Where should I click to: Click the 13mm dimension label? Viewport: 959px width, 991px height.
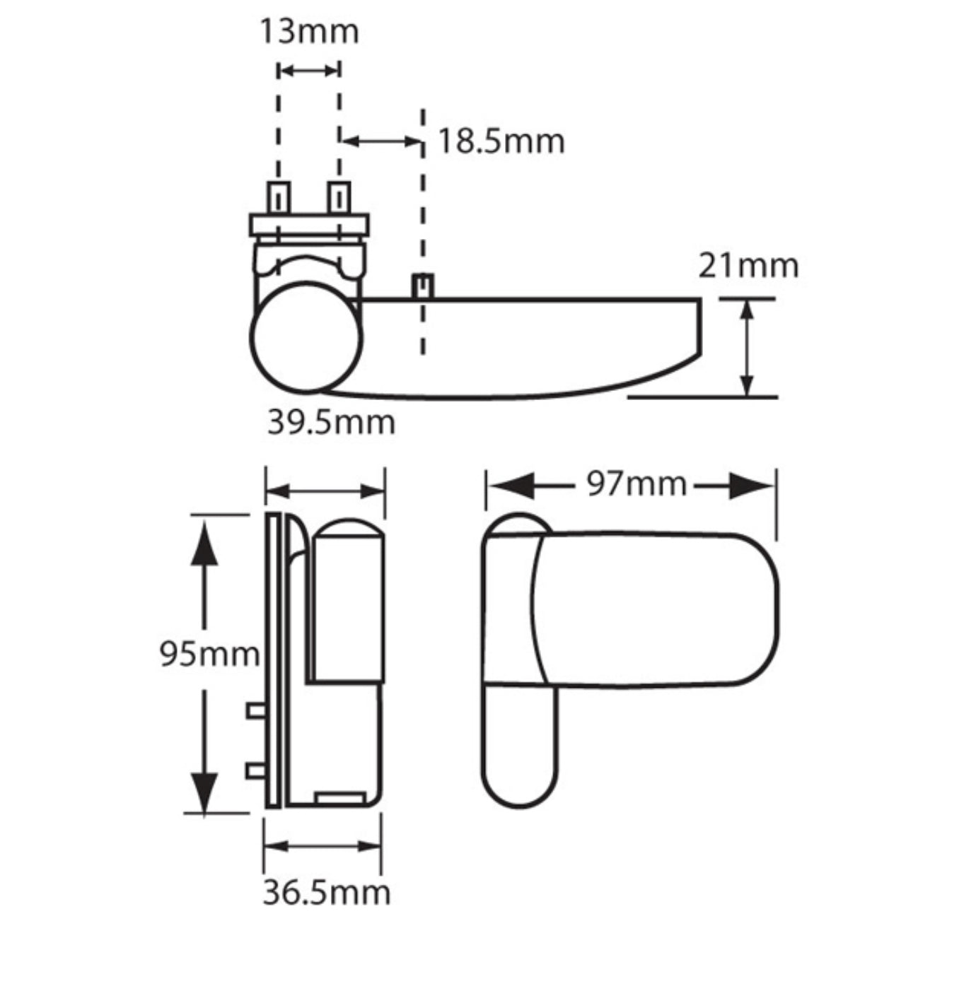coord(309,32)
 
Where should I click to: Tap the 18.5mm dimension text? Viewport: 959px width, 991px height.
coord(501,141)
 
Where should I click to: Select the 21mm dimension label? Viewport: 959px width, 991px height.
coord(748,266)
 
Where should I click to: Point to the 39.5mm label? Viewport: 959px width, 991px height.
coord(330,423)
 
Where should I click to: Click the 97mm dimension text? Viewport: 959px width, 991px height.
coord(636,485)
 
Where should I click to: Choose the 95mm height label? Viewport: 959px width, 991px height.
coord(209,654)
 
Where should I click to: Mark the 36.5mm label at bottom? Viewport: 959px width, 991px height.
coord(326,893)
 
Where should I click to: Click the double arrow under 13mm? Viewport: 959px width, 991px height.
coord(309,70)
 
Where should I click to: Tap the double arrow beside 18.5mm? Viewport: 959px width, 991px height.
coord(382,141)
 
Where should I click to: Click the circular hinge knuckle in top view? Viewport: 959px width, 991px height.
coord(306,337)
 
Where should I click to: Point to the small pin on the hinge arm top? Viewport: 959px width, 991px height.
coord(423,286)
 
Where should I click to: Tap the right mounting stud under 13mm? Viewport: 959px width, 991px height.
coord(339,197)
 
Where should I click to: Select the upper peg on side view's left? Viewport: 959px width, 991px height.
coord(255,710)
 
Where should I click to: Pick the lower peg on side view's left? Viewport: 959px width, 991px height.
coord(255,770)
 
